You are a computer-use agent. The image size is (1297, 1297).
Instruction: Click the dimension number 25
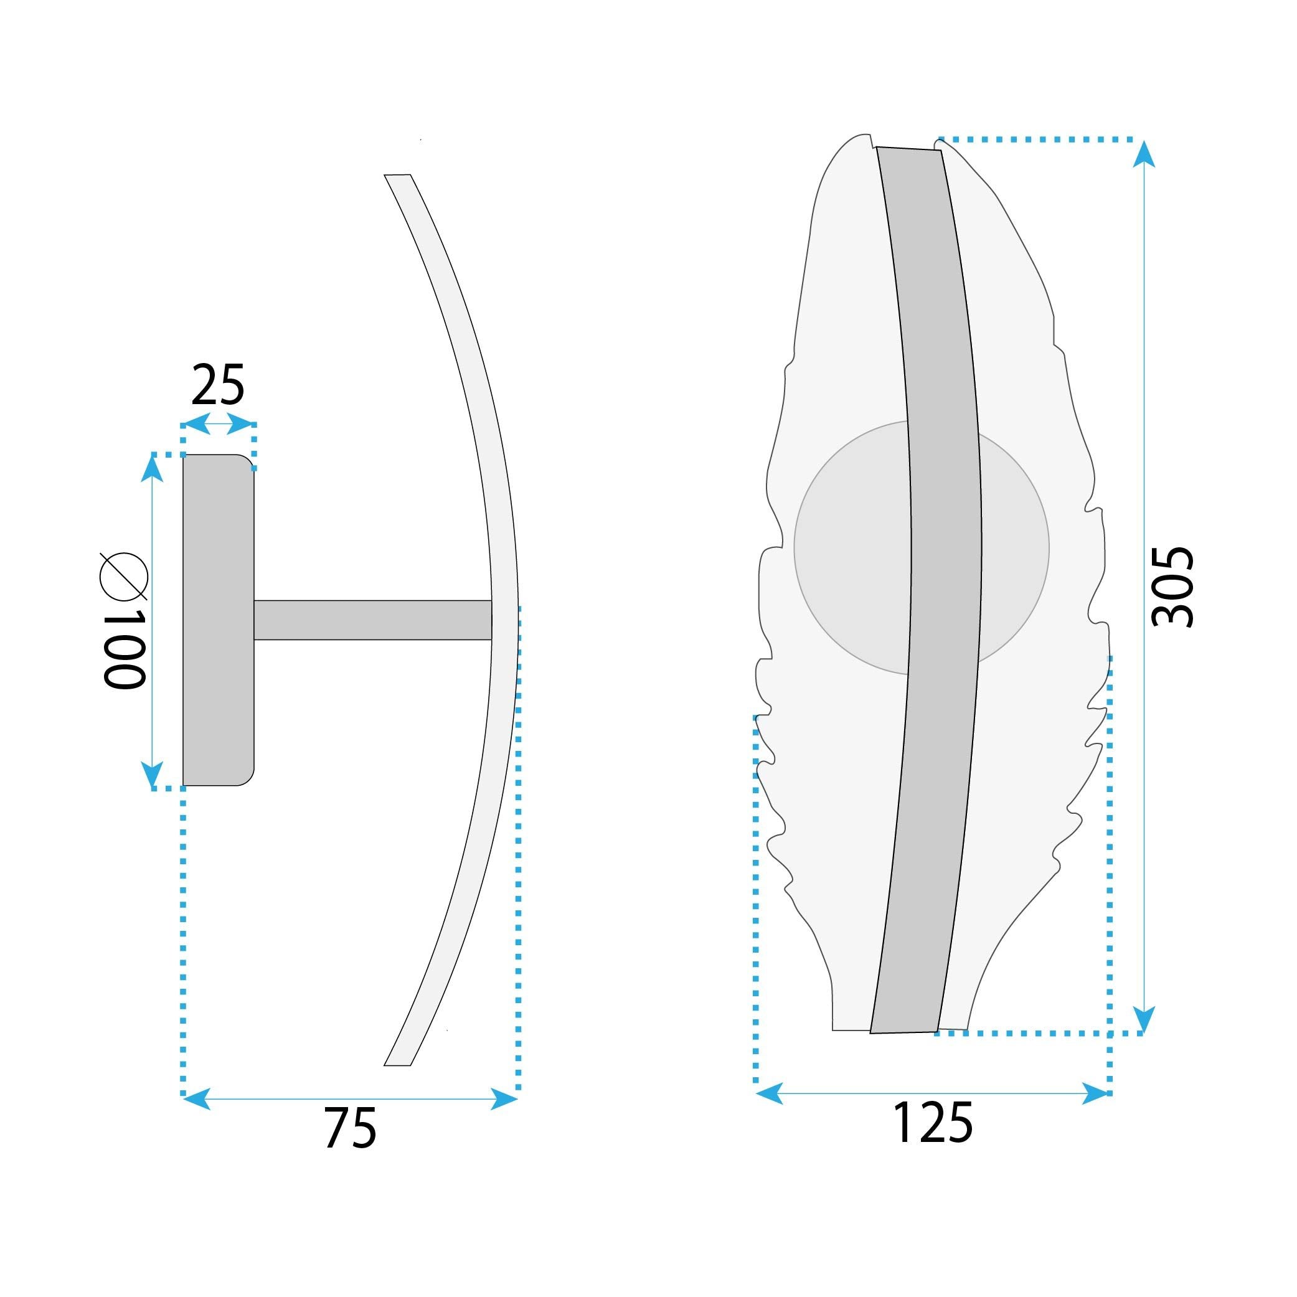click(x=217, y=386)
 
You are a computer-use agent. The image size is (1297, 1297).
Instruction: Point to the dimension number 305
click(x=1172, y=587)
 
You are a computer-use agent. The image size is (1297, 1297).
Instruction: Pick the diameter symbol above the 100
click(x=123, y=576)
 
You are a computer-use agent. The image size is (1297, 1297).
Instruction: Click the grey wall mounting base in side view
click(x=218, y=620)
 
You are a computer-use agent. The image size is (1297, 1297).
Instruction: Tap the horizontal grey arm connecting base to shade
click(x=372, y=620)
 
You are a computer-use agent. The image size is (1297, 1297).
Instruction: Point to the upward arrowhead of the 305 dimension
click(x=1143, y=154)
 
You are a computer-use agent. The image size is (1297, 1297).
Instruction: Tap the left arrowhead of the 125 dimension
click(x=770, y=1093)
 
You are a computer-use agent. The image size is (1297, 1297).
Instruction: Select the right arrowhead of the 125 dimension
click(x=1094, y=1093)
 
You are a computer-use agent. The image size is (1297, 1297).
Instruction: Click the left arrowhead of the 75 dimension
click(x=196, y=1099)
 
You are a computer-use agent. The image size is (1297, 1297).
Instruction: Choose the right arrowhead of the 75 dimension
click(x=505, y=1099)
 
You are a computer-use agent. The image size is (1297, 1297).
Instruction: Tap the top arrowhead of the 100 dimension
click(x=153, y=469)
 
